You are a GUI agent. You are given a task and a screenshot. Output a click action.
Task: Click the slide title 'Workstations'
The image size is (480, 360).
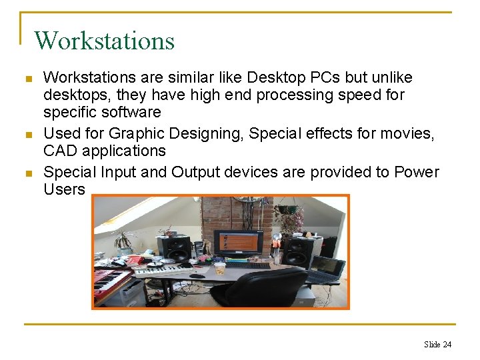tap(104, 41)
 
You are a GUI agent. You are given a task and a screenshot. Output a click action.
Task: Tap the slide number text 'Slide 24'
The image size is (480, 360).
tap(437, 344)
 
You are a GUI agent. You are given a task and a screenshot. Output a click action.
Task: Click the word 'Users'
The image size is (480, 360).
tap(64, 189)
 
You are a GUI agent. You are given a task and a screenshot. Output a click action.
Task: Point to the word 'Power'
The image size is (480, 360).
tap(416, 172)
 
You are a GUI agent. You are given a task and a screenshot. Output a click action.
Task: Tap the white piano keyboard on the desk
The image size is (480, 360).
tap(167, 270)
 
